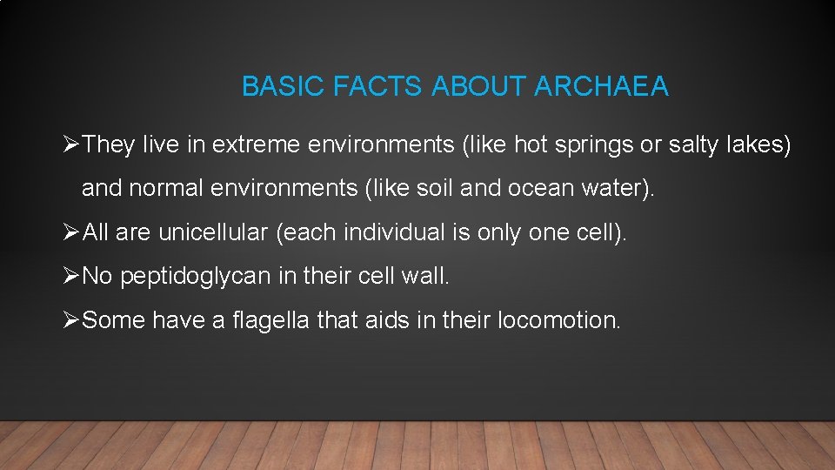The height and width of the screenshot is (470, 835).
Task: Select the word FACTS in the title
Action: pyautogui.click(x=379, y=87)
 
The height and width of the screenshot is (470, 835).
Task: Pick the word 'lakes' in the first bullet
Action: pyautogui.click(x=758, y=144)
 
